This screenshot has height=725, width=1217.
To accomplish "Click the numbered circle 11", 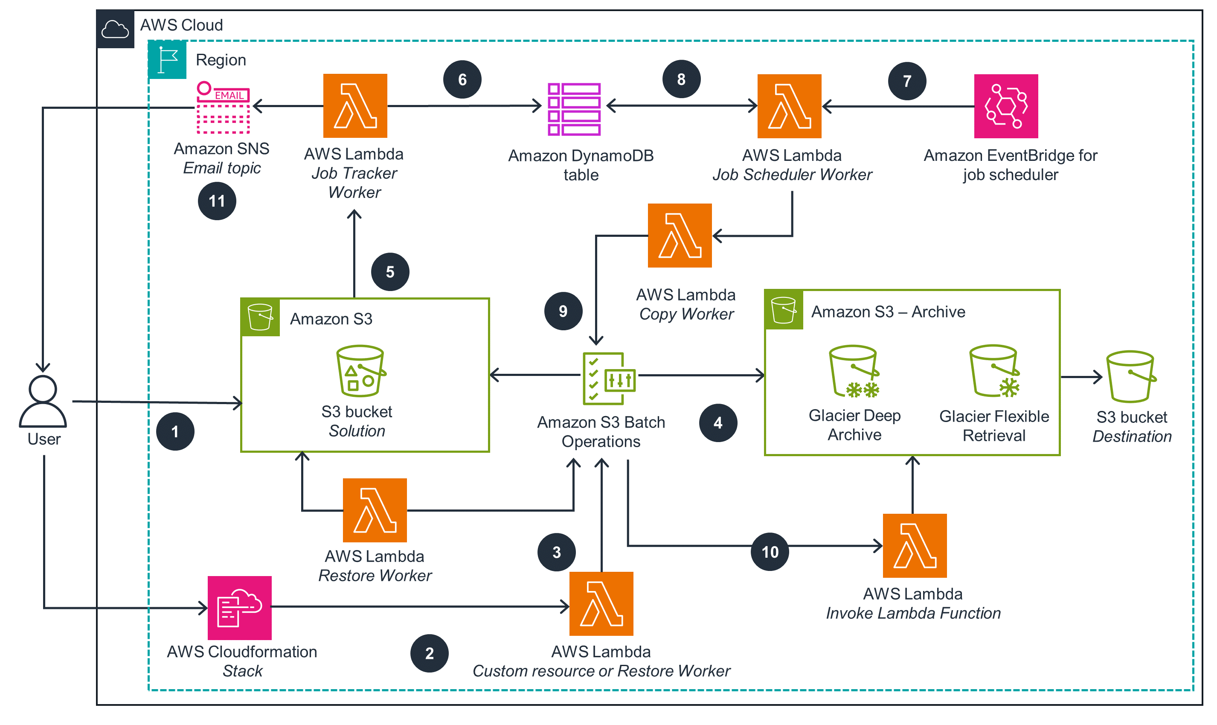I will tap(217, 201).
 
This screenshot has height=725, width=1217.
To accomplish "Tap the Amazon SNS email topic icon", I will tap(223, 108).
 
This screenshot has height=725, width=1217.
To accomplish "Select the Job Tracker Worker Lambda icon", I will tap(355, 106).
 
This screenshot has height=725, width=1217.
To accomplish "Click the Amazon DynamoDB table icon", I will tap(574, 108).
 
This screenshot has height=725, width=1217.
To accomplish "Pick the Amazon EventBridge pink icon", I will tap(1005, 106).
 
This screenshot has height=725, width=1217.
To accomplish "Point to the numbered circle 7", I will tap(906, 81).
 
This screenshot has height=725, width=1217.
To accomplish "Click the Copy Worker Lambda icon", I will tap(680, 236).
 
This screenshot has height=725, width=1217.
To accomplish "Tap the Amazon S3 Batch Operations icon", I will tap(608, 379).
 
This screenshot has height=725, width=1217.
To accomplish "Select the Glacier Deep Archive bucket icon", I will tap(853, 371).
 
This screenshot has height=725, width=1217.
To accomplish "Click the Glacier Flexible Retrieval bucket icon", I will tap(994, 371).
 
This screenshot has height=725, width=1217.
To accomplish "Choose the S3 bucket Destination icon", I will tap(1130, 376).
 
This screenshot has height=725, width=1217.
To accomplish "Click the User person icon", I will tap(43, 402).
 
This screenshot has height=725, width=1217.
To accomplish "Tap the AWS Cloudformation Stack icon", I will tap(239, 607).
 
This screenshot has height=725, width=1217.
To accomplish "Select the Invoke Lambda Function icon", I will tap(914, 545).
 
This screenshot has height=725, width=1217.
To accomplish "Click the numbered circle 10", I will tap(769, 552).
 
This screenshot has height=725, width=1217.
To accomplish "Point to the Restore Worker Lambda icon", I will tap(375, 510).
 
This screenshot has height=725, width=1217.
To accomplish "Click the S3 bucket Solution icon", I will tap(360, 371).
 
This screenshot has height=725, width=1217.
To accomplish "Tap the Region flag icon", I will tap(168, 60).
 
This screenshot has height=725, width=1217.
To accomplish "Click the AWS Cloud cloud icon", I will tap(115, 29).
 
